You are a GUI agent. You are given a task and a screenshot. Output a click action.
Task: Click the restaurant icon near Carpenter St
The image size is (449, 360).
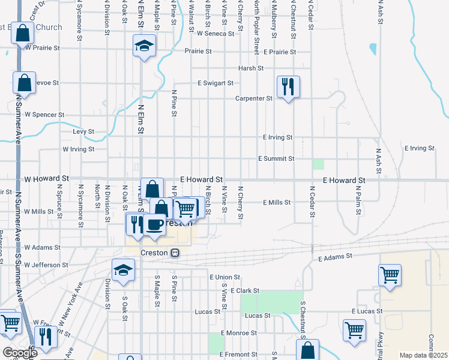coord(288,86)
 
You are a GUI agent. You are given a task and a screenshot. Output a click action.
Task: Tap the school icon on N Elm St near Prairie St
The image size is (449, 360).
coord(144,46)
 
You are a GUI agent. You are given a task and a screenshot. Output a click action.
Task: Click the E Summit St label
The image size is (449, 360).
coord(276,158)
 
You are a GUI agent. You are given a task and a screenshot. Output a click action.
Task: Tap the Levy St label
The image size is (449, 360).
coord(83,131)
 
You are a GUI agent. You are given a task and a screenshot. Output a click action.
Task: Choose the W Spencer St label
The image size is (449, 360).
coord(44,115)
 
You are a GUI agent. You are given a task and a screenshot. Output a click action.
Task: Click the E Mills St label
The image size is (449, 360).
coord(277,203)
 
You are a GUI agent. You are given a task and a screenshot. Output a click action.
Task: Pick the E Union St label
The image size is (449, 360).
coord(225,277)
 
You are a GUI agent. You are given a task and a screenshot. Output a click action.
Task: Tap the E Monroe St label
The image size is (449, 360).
coord(238,332)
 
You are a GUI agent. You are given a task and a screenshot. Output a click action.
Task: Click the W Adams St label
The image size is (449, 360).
coord(42,247)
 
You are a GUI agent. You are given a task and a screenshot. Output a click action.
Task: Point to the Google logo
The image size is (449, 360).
coord(19,353)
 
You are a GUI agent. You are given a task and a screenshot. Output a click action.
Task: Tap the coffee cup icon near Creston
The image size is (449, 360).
coord(155,224)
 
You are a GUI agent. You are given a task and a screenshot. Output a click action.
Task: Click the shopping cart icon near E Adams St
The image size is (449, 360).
coord(390,275)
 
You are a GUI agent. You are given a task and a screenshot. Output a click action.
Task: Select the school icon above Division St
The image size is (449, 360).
coord(123,269)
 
